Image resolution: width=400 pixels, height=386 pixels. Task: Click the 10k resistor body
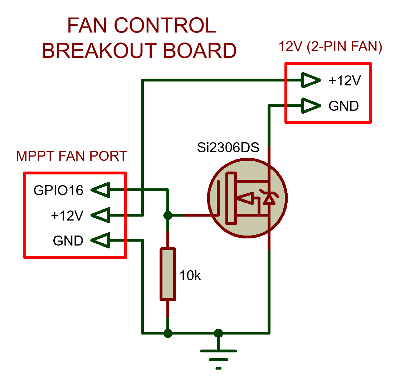pos(167,274)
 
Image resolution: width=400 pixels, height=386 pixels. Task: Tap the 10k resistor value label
pos(191,276)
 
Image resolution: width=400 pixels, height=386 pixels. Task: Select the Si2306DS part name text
pos(228,148)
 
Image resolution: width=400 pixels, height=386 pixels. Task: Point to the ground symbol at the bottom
pos(218,357)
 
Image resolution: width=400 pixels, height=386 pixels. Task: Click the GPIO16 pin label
pos(58,190)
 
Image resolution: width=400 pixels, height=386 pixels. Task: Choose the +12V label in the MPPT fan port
pos(67,216)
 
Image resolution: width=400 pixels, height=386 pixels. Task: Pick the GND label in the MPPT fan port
pos(68,241)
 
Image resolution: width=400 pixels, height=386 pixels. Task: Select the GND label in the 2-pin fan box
pos(343,106)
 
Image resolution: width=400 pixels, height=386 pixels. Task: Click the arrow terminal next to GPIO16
pos(100,190)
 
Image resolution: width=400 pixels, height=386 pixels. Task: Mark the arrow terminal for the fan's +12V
pos(311,81)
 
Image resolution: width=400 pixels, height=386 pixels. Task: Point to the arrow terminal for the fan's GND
pos(311,106)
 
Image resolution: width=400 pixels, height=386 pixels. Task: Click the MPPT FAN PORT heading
pos(72,156)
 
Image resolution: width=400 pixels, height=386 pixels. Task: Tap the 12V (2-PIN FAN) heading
pos(330,47)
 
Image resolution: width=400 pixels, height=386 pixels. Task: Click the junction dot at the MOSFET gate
pos(167,216)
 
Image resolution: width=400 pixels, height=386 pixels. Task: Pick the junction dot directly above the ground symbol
pos(218,333)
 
